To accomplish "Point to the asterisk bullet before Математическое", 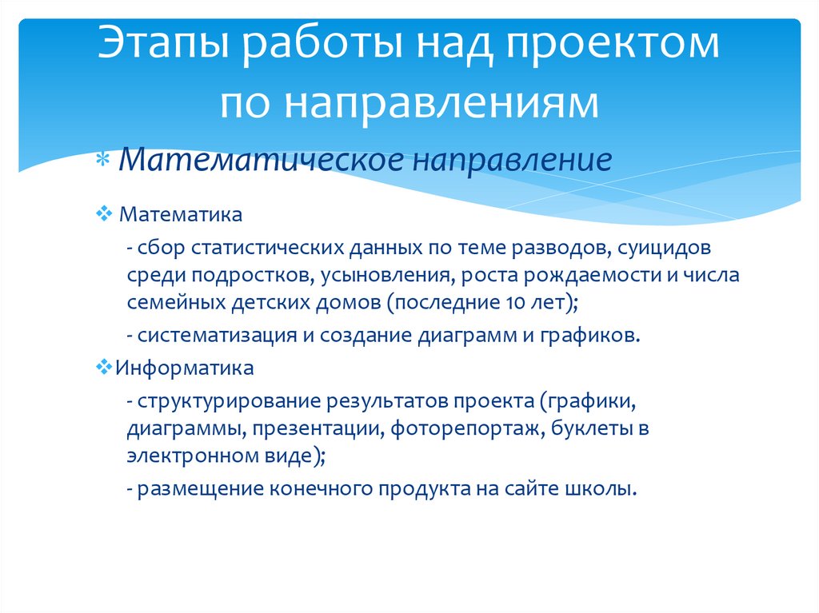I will (x=104, y=161).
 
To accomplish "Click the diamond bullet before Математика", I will (x=106, y=214).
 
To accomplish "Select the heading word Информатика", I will (x=185, y=368).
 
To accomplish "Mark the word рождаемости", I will (x=576, y=275).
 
